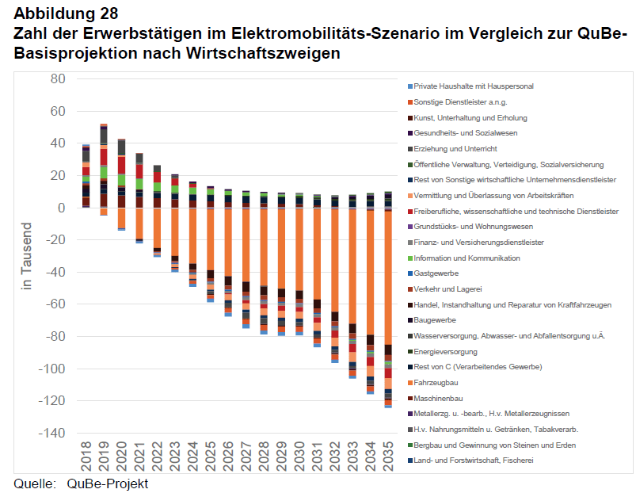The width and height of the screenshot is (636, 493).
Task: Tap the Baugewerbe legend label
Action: [x=435, y=320]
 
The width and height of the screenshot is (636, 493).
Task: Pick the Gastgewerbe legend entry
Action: [x=436, y=273]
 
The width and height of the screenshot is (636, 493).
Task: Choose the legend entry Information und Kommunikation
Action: [x=467, y=258]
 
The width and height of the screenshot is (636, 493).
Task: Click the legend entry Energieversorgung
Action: [x=446, y=351]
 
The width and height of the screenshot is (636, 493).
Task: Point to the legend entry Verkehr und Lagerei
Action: [x=447, y=289]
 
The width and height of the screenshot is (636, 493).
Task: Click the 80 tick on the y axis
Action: [x=58, y=78]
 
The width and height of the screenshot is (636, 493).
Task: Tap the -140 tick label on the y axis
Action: [x=51, y=434]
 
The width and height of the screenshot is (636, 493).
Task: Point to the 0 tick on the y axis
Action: [x=61, y=208]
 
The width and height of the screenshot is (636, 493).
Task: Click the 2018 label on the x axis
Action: [x=86, y=458]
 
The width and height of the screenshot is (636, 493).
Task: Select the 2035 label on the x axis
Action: [x=388, y=458]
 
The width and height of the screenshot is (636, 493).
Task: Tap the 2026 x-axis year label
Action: [x=228, y=458]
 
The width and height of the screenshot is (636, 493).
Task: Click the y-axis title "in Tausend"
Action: [x=25, y=255]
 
